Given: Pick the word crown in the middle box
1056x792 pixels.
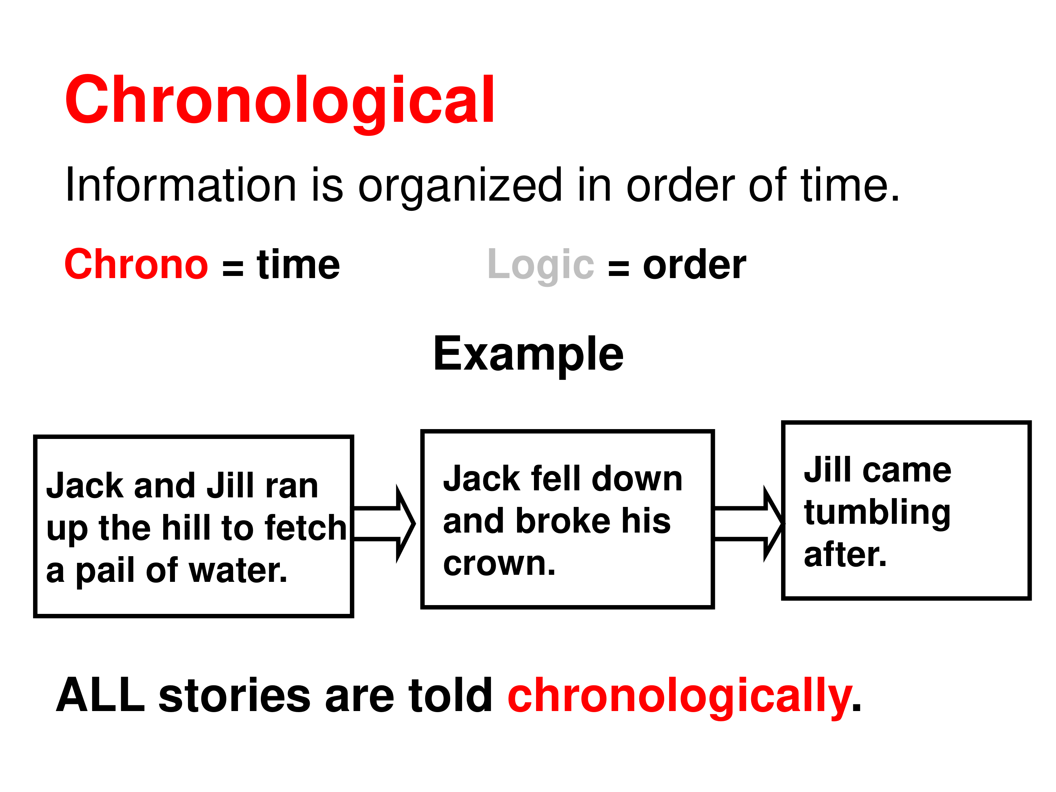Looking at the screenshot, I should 499,564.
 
